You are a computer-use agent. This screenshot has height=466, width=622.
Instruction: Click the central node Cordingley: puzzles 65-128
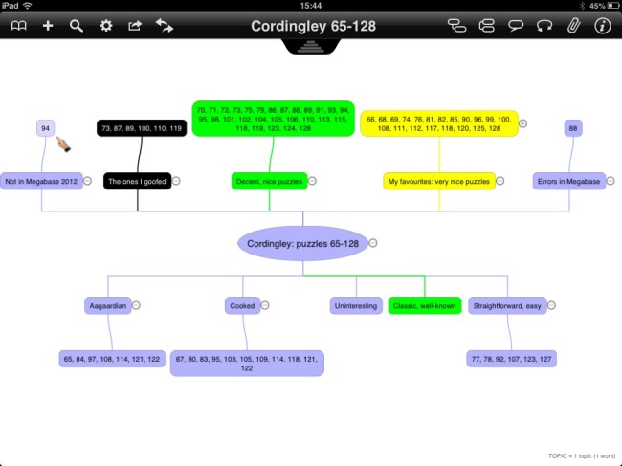click(x=302, y=243)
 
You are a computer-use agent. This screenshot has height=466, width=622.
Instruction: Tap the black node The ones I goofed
click(x=137, y=181)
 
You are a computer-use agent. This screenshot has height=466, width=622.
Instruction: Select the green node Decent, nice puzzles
click(x=269, y=181)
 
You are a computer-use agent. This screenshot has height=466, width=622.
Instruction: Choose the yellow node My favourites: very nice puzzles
click(x=439, y=181)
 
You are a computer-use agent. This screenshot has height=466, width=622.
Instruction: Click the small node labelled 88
click(x=573, y=128)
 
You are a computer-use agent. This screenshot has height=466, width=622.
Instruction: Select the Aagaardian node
click(x=107, y=306)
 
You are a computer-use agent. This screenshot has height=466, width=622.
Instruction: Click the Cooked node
click(x=242, y=306)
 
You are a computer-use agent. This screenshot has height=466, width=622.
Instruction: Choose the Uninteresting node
click(x=356, y=306)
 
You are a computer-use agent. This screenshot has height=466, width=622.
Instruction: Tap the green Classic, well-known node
click(x=425, y=306)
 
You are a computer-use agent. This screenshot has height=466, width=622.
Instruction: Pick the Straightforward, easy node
click(x=506, y=306)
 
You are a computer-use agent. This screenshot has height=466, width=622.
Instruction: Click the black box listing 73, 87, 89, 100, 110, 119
click(x=141, y=128)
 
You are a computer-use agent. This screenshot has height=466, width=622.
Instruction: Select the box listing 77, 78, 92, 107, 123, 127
click(x=513, y=359)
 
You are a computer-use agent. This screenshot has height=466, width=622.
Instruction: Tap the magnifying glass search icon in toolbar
click(x=77, y=26)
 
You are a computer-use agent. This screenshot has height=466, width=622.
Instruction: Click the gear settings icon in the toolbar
click(x=106, y=26)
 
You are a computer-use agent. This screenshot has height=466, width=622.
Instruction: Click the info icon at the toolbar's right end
click(x=603, y=26)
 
